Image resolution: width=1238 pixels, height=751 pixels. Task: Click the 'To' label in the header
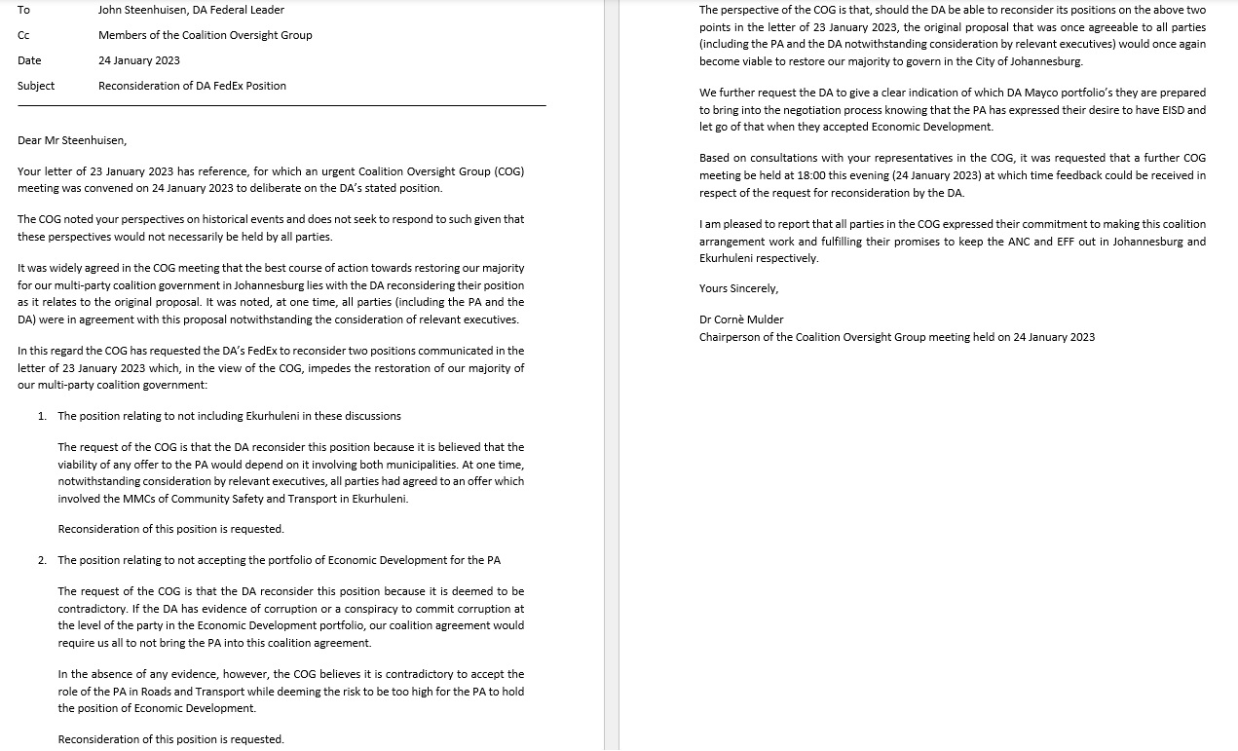tap(23, 10)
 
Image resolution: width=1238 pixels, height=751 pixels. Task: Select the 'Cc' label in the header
tap(23, 35)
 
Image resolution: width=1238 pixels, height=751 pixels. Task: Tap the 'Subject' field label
tap(36, 86)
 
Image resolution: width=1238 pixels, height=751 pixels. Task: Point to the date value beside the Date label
tap(139, 60)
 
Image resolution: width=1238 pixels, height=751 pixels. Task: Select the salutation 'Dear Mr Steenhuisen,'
tap(72, 140)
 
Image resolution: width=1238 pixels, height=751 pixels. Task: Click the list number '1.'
tap(42, 416)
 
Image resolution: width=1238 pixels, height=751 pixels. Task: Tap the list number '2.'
tap(42, 560)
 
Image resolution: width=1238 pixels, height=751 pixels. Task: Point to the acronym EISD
tap(1171, 110)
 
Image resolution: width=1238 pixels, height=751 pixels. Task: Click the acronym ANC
tap(1046, 242)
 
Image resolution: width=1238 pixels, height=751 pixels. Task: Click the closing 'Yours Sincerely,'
tap(738, 288)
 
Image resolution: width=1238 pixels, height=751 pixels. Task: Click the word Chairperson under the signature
tap(732, 337)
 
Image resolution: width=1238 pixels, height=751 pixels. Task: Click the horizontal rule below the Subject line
tap(281, 105)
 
